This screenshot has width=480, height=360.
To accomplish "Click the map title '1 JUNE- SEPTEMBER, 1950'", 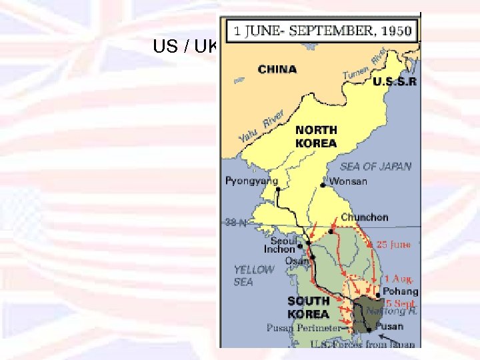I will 323,31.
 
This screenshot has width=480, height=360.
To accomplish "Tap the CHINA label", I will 277,69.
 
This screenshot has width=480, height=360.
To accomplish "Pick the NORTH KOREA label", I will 316,137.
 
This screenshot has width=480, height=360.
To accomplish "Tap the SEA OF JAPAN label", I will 375,167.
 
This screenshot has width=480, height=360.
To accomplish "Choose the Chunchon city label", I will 364,217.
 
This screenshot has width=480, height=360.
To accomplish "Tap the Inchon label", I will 279,250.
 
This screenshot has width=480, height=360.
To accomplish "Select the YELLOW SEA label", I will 253,275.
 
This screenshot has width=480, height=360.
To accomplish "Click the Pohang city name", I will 400,291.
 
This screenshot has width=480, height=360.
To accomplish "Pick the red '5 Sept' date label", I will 401,303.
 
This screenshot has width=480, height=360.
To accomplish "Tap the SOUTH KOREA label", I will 308,308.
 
